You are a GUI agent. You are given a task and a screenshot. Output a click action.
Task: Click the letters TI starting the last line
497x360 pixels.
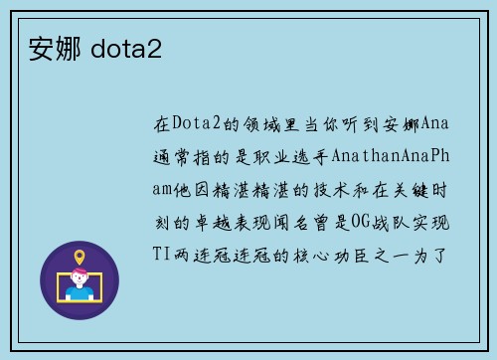click(x=161, y=253)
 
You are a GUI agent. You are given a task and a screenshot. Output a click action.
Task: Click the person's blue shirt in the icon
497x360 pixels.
click(x=80, y=294)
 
